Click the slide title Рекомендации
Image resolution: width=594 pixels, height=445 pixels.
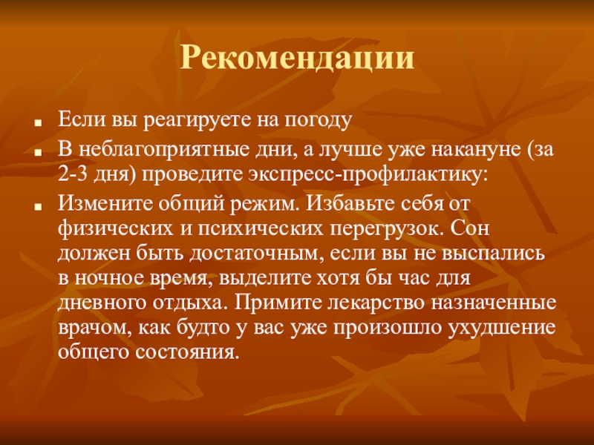[297, 58]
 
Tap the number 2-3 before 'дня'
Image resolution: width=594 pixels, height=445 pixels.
[73, 174]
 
